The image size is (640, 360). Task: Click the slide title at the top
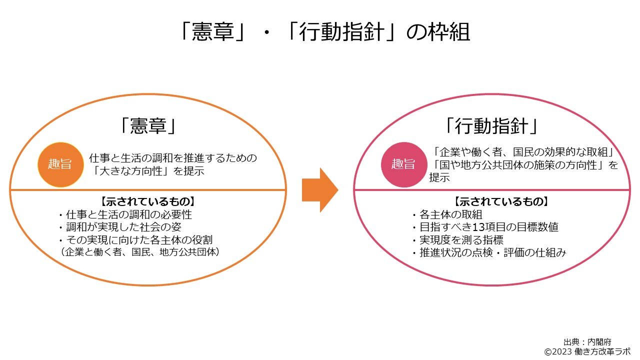[324, 33]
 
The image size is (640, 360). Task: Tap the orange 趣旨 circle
[59, 165]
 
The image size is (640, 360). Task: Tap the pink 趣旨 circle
[402, 164]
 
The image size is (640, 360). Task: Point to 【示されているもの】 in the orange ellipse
[147, 202]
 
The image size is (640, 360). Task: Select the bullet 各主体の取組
[446, 215]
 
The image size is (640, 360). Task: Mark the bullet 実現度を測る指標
[457, 240]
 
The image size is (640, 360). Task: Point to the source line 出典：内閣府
[587, 342]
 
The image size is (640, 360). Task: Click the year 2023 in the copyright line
[562, 351]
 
